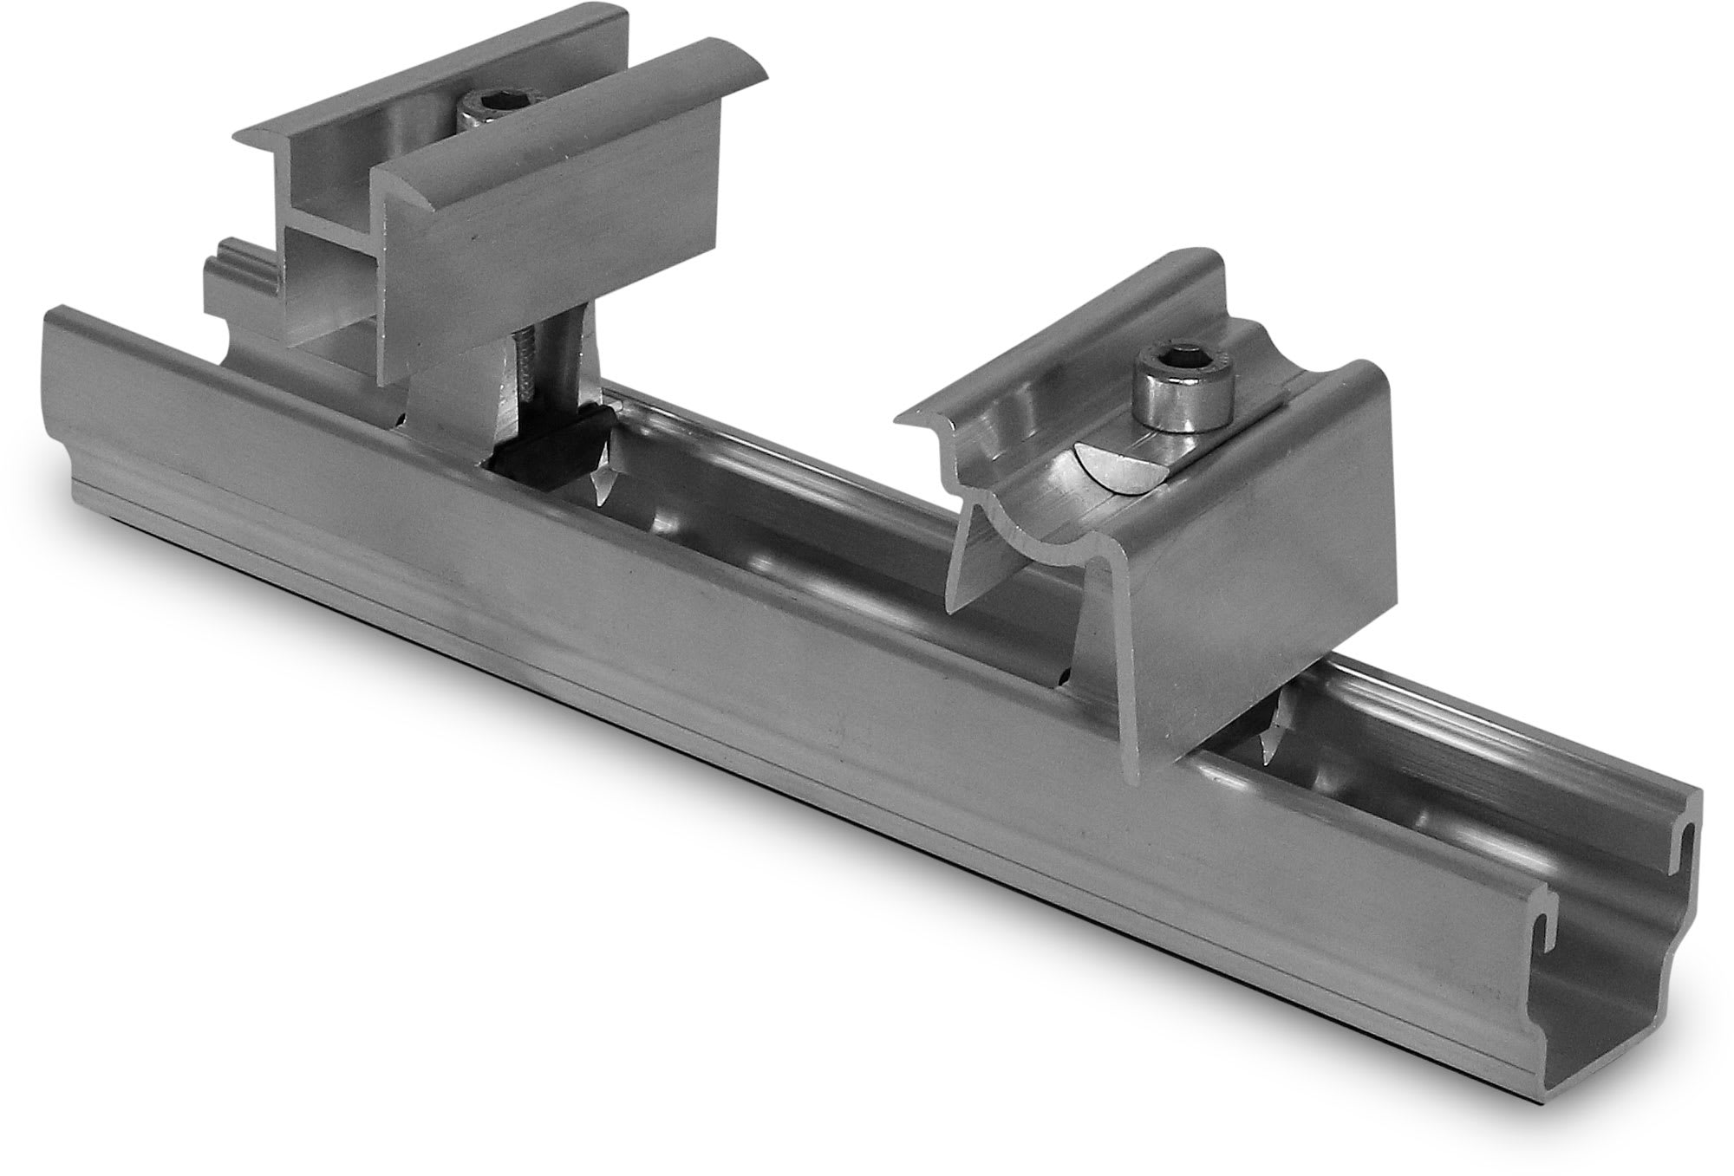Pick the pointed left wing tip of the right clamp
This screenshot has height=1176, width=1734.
click(x=906, y=420)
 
